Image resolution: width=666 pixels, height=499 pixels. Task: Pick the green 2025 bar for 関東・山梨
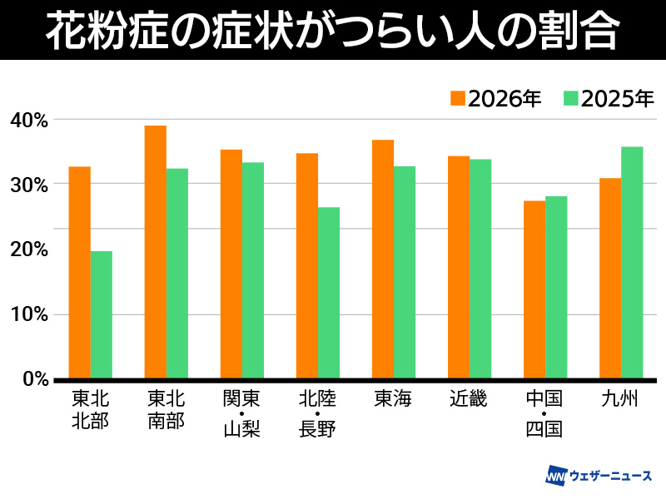pyautogui.click(x=253, y=269)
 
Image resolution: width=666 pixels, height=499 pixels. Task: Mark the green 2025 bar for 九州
pyautogui.click(x=633, y=261)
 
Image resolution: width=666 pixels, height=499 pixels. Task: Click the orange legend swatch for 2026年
pyautogui.click(x=458, y=98)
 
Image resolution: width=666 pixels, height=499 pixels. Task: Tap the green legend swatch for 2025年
pyautogui.click(x=570, y=98)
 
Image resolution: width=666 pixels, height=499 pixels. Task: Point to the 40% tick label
pyautogui.click(x=29, y=120)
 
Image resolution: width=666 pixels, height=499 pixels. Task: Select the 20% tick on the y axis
pyautogui.click(x=29, y=249)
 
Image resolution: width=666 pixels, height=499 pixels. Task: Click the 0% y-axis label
pyautogui.click(x=34, y=379)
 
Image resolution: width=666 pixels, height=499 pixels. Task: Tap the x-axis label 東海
pyautogui.click(x=393, y=399)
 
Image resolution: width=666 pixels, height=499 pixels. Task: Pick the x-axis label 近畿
pyautogui.click(x=469, y=399)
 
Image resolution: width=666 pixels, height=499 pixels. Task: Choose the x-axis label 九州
pyautogui.click(x=620, y=399)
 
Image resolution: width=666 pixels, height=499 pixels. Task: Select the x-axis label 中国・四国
pyautogui.click(x=544, y=414)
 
